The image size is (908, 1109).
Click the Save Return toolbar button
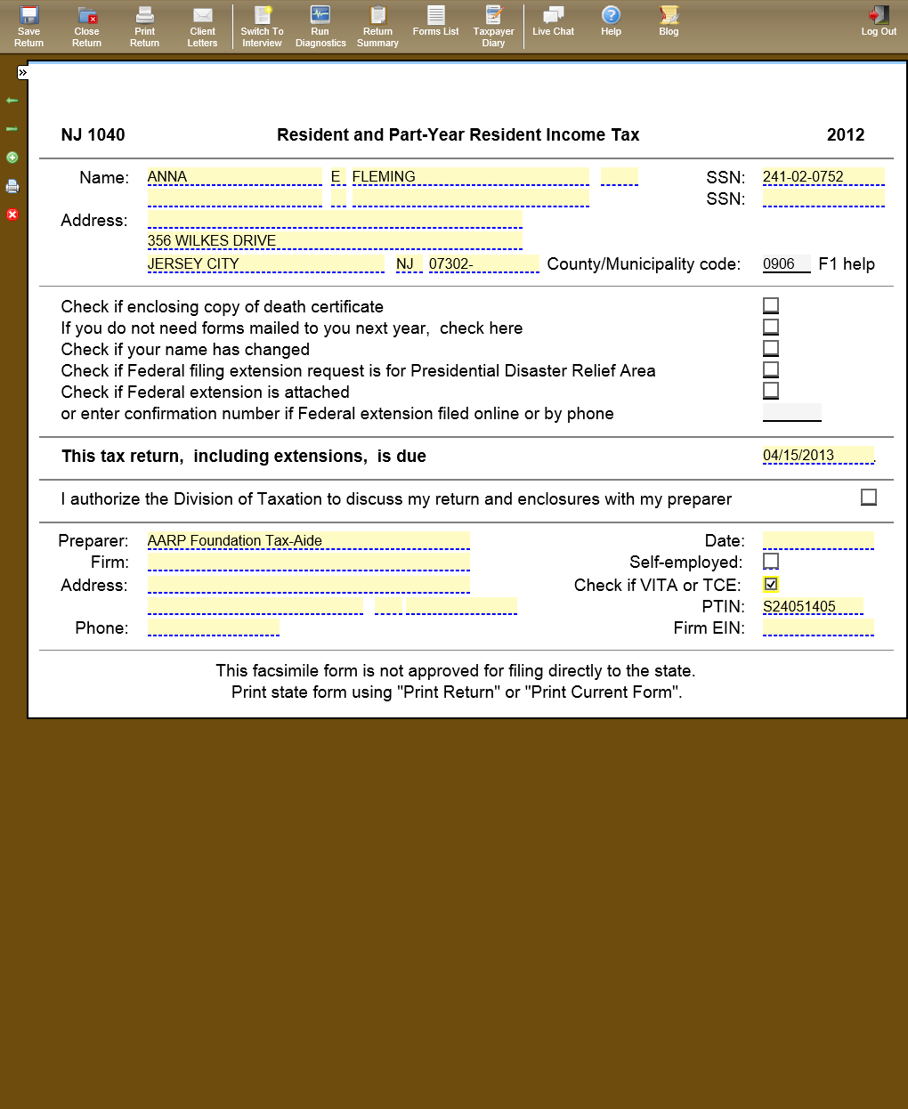click(28, 26)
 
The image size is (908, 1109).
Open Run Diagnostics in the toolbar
click(320, 26)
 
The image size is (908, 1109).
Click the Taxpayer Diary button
click(493, 26)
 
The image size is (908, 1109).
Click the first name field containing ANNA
click(233, 176)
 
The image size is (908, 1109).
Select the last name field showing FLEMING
click(469, 176)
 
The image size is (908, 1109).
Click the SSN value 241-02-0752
click(823, 176)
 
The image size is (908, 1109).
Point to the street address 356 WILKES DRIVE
click(334, 240)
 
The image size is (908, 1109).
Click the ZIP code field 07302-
click(483, 263)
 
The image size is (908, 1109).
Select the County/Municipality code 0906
click(785, 263)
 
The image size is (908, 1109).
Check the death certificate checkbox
click(771, 305)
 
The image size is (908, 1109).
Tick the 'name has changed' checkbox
click(771, 348)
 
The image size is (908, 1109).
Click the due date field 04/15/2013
click(817, 455)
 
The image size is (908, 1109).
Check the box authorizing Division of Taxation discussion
click(869, 498)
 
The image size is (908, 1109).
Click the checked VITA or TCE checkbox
click(771, 584)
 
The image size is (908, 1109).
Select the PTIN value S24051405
click(812, 606)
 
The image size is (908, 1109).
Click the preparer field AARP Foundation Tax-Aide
click(307, 540)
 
